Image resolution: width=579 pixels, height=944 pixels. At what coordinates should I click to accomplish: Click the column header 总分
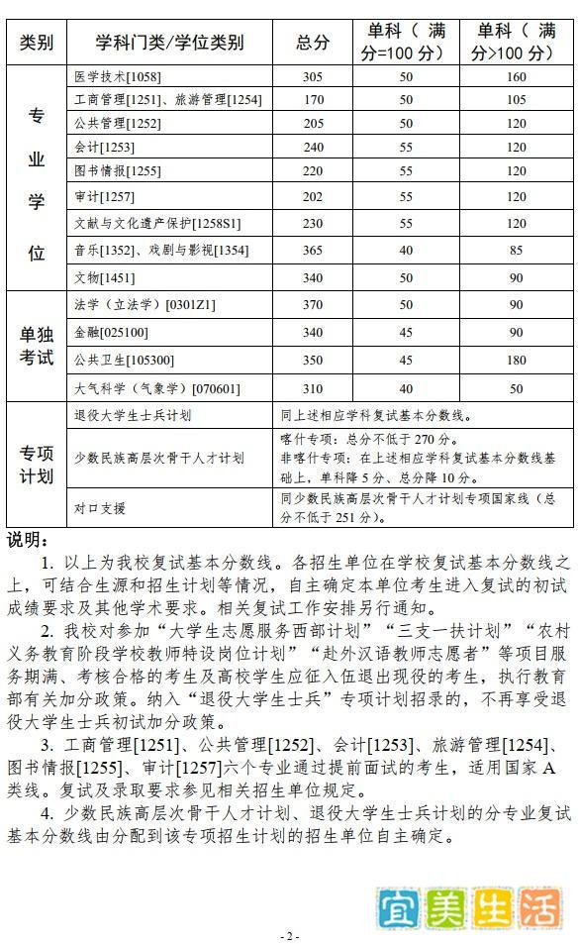(313, 43)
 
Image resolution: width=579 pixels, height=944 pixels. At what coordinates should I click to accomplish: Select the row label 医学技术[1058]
(118, 76)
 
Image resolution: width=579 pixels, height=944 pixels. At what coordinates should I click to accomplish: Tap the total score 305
(313, 76)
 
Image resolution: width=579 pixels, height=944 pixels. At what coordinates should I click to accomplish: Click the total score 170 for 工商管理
(313, 99)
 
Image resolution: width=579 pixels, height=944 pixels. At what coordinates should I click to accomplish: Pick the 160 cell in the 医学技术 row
(516, 76)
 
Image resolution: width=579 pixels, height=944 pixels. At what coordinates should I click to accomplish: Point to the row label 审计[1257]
(104, 197)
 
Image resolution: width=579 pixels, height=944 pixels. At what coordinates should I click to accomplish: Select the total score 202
(313, 197)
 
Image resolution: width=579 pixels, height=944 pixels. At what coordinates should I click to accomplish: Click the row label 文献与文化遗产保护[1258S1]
(157, 224)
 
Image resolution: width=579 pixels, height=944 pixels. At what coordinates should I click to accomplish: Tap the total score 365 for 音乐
(313, 251)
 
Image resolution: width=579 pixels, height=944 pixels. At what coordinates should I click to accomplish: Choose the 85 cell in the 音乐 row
(516, 251)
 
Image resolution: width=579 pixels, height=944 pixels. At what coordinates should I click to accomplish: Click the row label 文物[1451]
(104, 278)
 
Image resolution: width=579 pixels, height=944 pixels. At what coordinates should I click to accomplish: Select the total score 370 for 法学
(313, 305)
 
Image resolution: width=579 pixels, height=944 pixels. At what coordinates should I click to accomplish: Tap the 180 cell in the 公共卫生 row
(516, 360)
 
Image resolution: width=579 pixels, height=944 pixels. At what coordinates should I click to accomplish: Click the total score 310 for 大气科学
(313, 388)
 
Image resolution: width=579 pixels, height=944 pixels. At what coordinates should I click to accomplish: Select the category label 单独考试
(37, 346)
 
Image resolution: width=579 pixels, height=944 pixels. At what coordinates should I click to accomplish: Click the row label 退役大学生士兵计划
(134, 415)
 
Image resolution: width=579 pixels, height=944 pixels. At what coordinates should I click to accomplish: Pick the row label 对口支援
(100, 508)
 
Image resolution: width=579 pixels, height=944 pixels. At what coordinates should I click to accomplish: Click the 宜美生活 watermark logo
(469, 907)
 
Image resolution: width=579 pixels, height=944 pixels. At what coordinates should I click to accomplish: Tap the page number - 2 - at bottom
(289, 935)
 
